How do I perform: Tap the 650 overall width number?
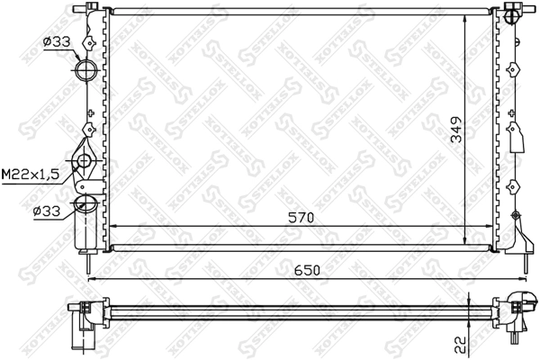pyautogui.click(x=306, y=269)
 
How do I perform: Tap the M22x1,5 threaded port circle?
pyautogui.click(x=84, y=162)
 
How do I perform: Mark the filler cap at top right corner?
pyautogui.click(x=514, y=13)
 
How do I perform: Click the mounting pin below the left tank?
pyautogui.click(x=86, y=265)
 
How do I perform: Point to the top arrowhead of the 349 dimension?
pyautogui.click(x=464, y=20)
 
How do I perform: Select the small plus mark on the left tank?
pyautogui.click(x=91, y=113)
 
